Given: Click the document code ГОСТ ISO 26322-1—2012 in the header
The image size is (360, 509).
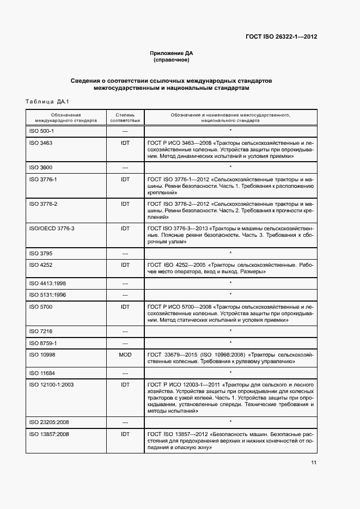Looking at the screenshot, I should tap(282, 37).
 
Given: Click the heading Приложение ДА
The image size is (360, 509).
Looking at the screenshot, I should tap(172, 53).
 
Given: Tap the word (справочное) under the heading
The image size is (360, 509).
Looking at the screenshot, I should tap(172, 60).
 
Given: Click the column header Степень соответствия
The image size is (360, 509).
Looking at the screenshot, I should tap(125, 118).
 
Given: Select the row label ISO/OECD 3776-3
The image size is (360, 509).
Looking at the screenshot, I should tap(51, 228).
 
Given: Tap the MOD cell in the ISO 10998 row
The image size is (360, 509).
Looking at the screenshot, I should tap(125, 354).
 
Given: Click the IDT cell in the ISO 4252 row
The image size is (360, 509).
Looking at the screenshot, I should tap(125, 265).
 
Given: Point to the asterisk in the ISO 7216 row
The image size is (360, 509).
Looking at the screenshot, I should tap(230, 331).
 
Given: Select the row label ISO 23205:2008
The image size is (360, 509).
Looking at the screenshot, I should tap(48, 422).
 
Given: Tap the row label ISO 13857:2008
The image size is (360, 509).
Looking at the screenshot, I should tap(48, 434).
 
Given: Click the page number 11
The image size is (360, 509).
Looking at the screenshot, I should tap(314, 463).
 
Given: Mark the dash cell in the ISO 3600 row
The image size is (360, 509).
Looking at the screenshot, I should tap(125, 168).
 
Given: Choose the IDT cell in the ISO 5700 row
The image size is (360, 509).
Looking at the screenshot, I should tap(125, 307).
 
